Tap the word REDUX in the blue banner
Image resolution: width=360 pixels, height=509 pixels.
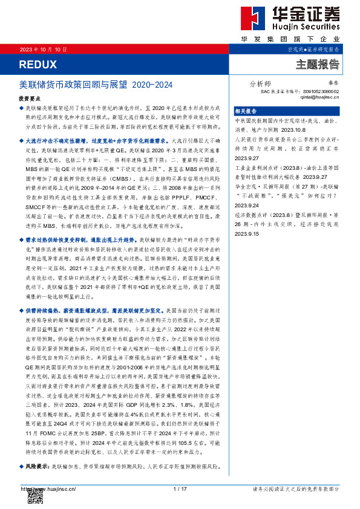[x=38, y=64]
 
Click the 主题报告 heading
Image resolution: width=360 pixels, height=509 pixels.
[x=317, y=65]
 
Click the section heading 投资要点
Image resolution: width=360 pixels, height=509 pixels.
[x=29, y=97]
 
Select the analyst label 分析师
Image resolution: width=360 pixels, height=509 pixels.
[x=260, y=85]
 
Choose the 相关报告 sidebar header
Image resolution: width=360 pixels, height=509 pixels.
[x=246, y=111]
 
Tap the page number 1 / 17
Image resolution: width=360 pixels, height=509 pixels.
[x=180, y=489]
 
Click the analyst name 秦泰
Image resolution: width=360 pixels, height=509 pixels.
[x=332, y=85]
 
